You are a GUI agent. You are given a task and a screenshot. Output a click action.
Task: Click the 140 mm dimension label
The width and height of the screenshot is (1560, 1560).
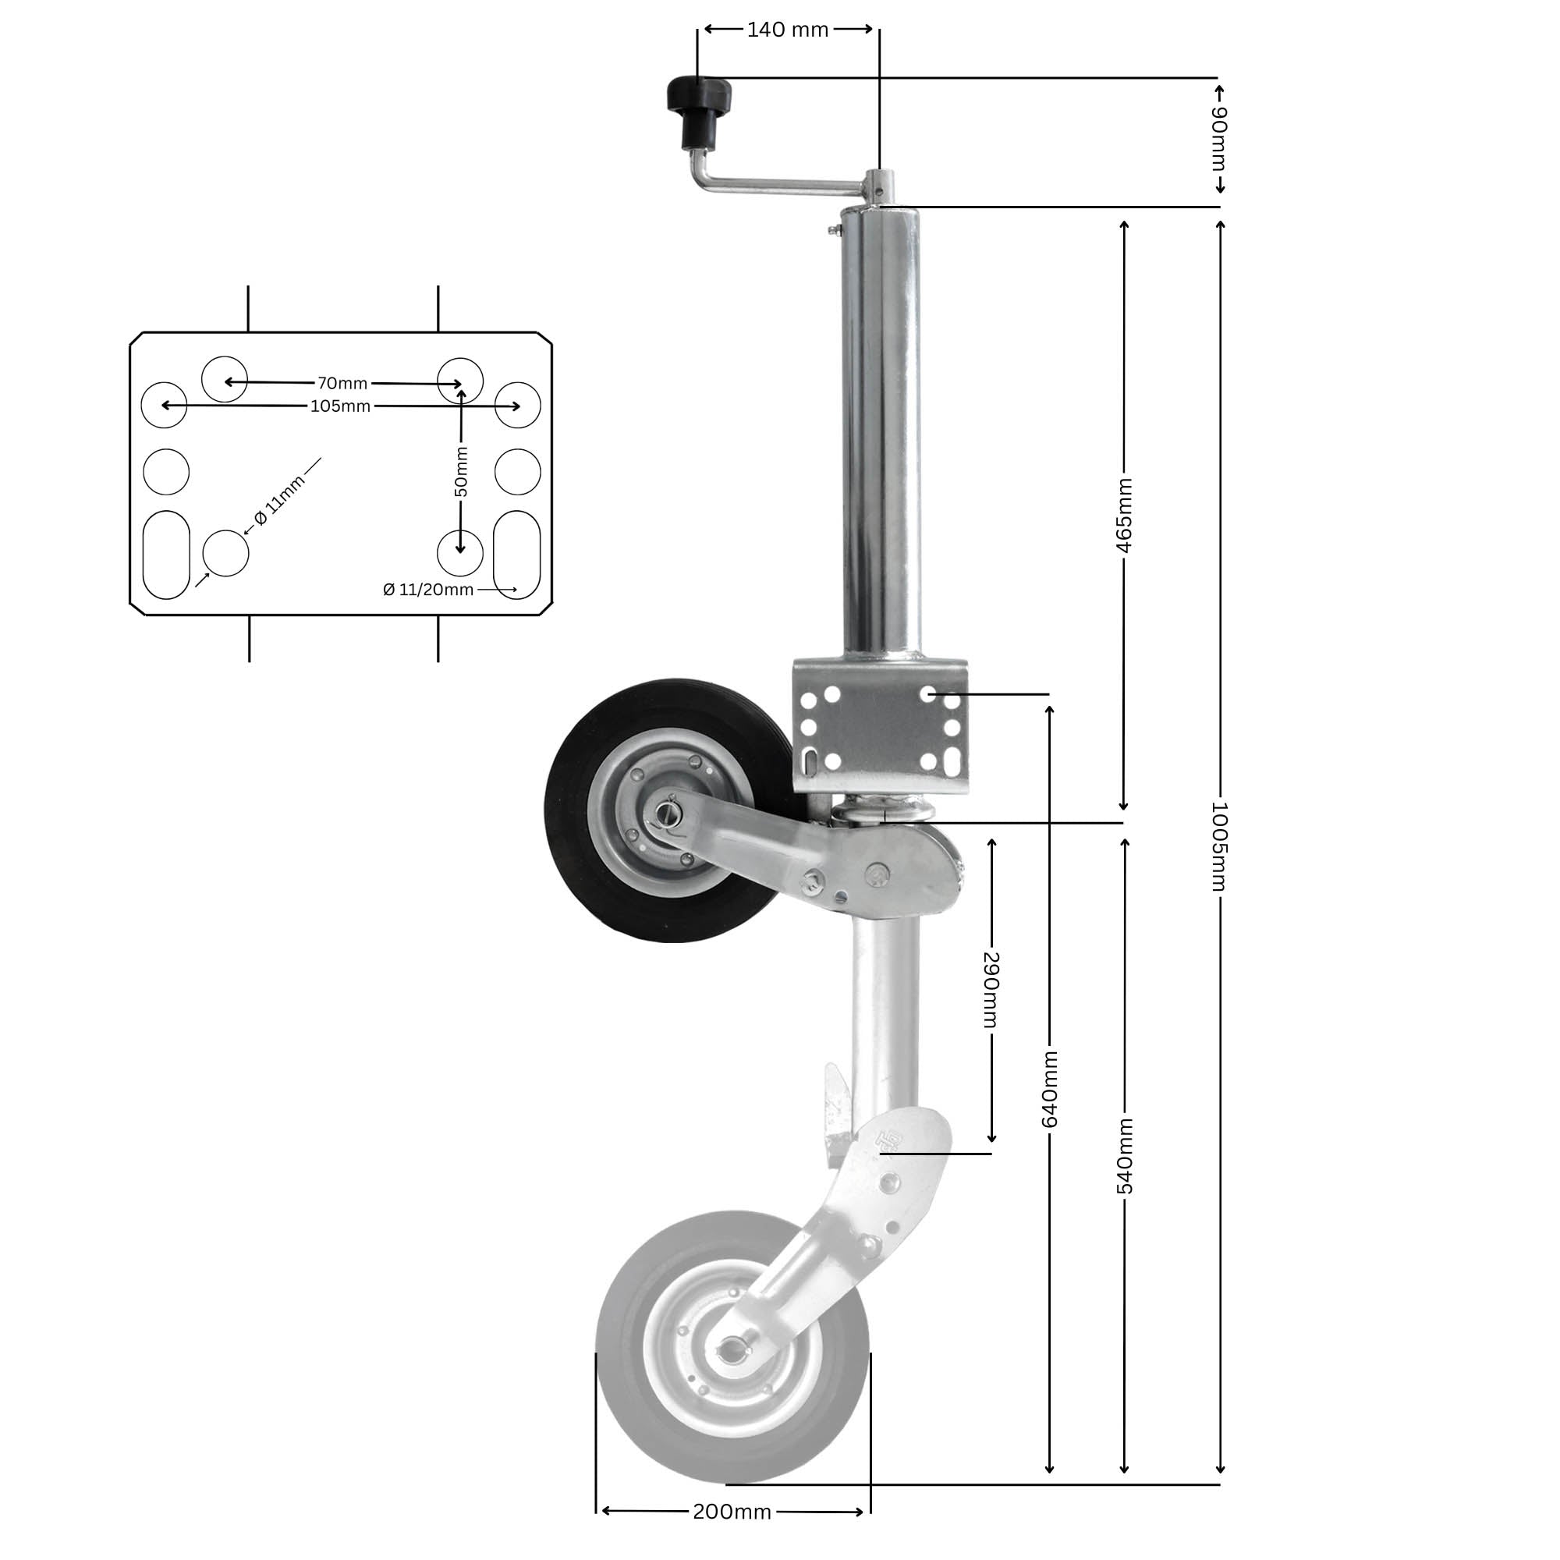click(x=787, y=30)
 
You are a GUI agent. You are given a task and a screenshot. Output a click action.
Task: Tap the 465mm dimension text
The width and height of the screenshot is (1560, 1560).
click(x=1124, y=514)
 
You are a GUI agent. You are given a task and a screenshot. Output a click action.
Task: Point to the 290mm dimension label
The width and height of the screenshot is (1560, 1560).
click(x=992, y=989)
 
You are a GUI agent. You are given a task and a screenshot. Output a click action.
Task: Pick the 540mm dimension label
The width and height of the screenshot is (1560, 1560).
click(x=1124, y=1155)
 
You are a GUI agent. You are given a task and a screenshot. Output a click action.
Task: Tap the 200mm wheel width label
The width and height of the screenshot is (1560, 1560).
click(x=732, y=1512)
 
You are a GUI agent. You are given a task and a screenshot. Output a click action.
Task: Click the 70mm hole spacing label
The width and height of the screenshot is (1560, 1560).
click(x=342, y=383)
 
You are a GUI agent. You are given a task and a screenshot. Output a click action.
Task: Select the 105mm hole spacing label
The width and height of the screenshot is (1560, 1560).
click(x=341, y=406)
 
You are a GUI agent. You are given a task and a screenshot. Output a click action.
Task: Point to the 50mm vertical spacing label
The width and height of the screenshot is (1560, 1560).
click(x=460, y=472)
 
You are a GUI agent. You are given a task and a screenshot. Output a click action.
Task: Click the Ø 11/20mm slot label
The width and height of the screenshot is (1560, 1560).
click(x=428, y=590)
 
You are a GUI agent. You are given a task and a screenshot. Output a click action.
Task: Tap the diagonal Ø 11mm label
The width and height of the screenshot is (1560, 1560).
click(x=280, y=501)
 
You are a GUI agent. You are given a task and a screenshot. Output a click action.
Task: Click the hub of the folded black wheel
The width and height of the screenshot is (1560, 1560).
click(x=667, y=811)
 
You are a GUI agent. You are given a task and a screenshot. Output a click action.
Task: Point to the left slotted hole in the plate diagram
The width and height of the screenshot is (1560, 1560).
click(x=166, y=555)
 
